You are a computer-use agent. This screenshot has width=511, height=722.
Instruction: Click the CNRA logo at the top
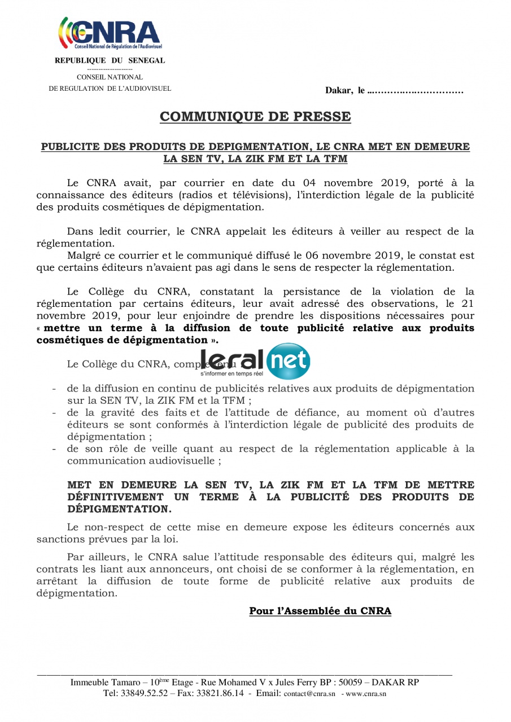(x=110, y=34)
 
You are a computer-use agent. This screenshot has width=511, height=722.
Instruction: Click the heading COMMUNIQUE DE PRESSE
(x=255, y=117)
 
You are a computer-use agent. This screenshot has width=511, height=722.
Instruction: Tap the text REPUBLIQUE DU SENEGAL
(x=110, y=61)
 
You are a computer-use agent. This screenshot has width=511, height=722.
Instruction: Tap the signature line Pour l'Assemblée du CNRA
(x=320, y=611)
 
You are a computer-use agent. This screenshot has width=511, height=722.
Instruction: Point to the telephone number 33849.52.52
(x=144, y=694)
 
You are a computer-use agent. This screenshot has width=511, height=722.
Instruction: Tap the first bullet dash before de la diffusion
(x=54, y=389)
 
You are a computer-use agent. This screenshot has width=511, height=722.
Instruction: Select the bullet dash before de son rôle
(x=54, y=450)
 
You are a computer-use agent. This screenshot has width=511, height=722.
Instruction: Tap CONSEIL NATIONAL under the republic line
(x=110, y=77)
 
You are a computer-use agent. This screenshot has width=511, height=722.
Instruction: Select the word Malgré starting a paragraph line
(x=83, y=256)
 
